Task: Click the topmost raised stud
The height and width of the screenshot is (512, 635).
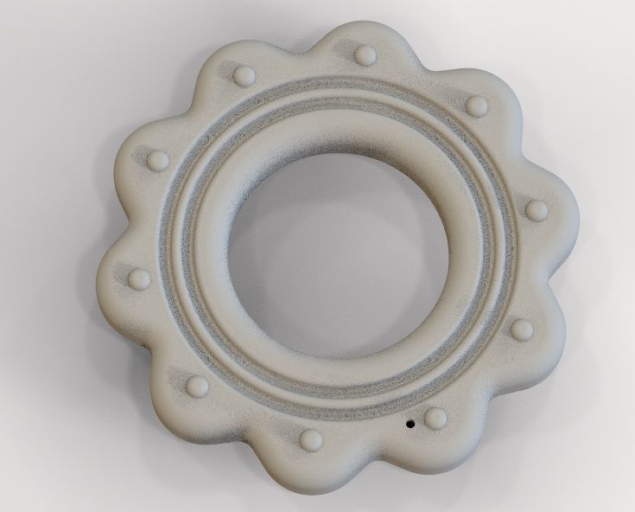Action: click(x=365, y=56)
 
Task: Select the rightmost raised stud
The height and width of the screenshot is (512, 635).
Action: click(x=537, y=209)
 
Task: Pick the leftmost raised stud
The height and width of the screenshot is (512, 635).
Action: click(x=137, y=278)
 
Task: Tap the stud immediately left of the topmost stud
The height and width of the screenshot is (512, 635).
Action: click(x=244, y=74)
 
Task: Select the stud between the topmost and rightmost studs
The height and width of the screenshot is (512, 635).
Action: click(x=476, y=106)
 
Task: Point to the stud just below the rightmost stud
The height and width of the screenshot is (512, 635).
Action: click(x=522, y=329)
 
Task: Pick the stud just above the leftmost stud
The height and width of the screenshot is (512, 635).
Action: click(x=158, y=161)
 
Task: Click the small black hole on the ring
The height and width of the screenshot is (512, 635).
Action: click(x=410, y=425)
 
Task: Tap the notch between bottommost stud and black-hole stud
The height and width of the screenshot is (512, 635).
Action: click(x=376, y=458)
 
